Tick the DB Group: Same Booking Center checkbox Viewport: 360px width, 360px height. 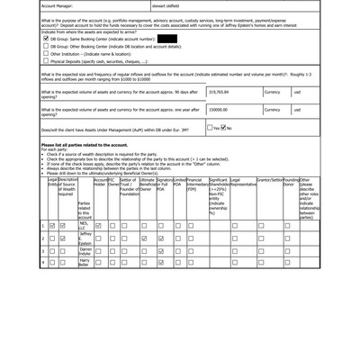click(x=46, y=40)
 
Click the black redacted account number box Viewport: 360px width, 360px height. click(x=166, y=40)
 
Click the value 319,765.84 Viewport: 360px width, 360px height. click(x=221, y=92)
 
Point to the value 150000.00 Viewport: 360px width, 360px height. click(x=220, y=109)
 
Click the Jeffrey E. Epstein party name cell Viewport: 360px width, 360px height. click(x=85, y=238)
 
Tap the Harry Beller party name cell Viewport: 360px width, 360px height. click(x=85, y=263)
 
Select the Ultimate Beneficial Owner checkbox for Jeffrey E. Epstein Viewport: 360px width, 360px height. click(x=144, y=238)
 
